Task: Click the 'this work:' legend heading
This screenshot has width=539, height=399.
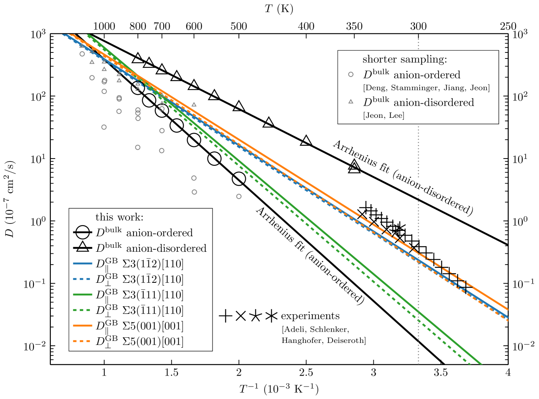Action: click(119, 217)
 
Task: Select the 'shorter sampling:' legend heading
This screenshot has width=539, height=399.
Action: click(405, 59)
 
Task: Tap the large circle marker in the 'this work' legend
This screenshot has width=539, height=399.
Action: click(83, 232)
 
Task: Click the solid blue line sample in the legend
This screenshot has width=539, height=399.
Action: click(83, 264)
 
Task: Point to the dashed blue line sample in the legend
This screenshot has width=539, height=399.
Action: click(83, 279)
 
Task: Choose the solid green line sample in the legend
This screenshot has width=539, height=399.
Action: click(83, 295)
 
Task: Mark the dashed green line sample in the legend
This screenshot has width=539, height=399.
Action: click(83, 310)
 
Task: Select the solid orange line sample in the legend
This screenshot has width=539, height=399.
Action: click(83, 326)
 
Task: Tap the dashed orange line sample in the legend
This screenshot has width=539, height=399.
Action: click(83, 341)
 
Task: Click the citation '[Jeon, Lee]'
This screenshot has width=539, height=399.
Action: click(383, 116)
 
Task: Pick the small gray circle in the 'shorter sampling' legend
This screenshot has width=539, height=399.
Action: click(351, 75)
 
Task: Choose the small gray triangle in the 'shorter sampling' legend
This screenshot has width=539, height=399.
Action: click(351, 102)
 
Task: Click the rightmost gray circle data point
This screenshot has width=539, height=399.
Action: click(239, 196)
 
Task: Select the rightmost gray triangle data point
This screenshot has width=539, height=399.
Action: click(194, 104)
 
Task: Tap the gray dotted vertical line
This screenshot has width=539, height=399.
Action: click(418, 153)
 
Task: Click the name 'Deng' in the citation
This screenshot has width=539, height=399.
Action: click(375, 88)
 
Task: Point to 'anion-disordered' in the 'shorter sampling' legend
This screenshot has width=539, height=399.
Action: click(434, 102)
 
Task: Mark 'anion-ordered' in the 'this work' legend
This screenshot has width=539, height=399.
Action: click(159, 233)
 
